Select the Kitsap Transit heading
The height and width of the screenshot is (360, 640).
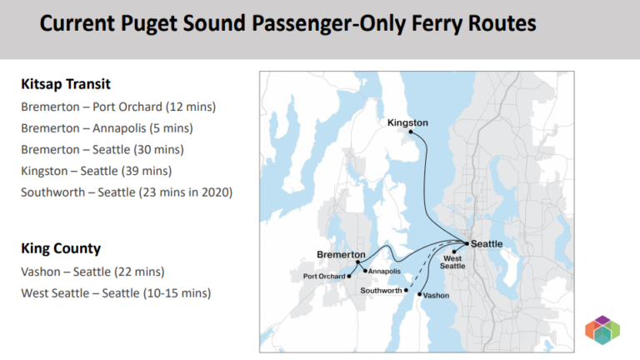point(66,84)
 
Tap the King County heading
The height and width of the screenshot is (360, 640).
point(61,248)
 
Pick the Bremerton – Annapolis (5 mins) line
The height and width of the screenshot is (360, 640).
point(107,128)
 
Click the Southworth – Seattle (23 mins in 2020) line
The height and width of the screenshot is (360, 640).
point(126,192)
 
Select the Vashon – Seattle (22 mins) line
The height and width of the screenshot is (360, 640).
point(92,272)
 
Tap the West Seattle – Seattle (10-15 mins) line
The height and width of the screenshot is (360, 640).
point(116,293)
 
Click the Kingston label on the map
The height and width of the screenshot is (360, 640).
point(407,122)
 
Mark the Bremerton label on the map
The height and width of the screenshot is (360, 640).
point(341,254)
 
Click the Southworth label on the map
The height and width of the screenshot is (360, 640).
point(382,290)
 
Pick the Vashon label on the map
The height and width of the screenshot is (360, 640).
point(436,296)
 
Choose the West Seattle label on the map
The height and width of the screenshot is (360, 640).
point(452,261)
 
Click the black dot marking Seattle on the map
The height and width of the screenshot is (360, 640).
point(467,243)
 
